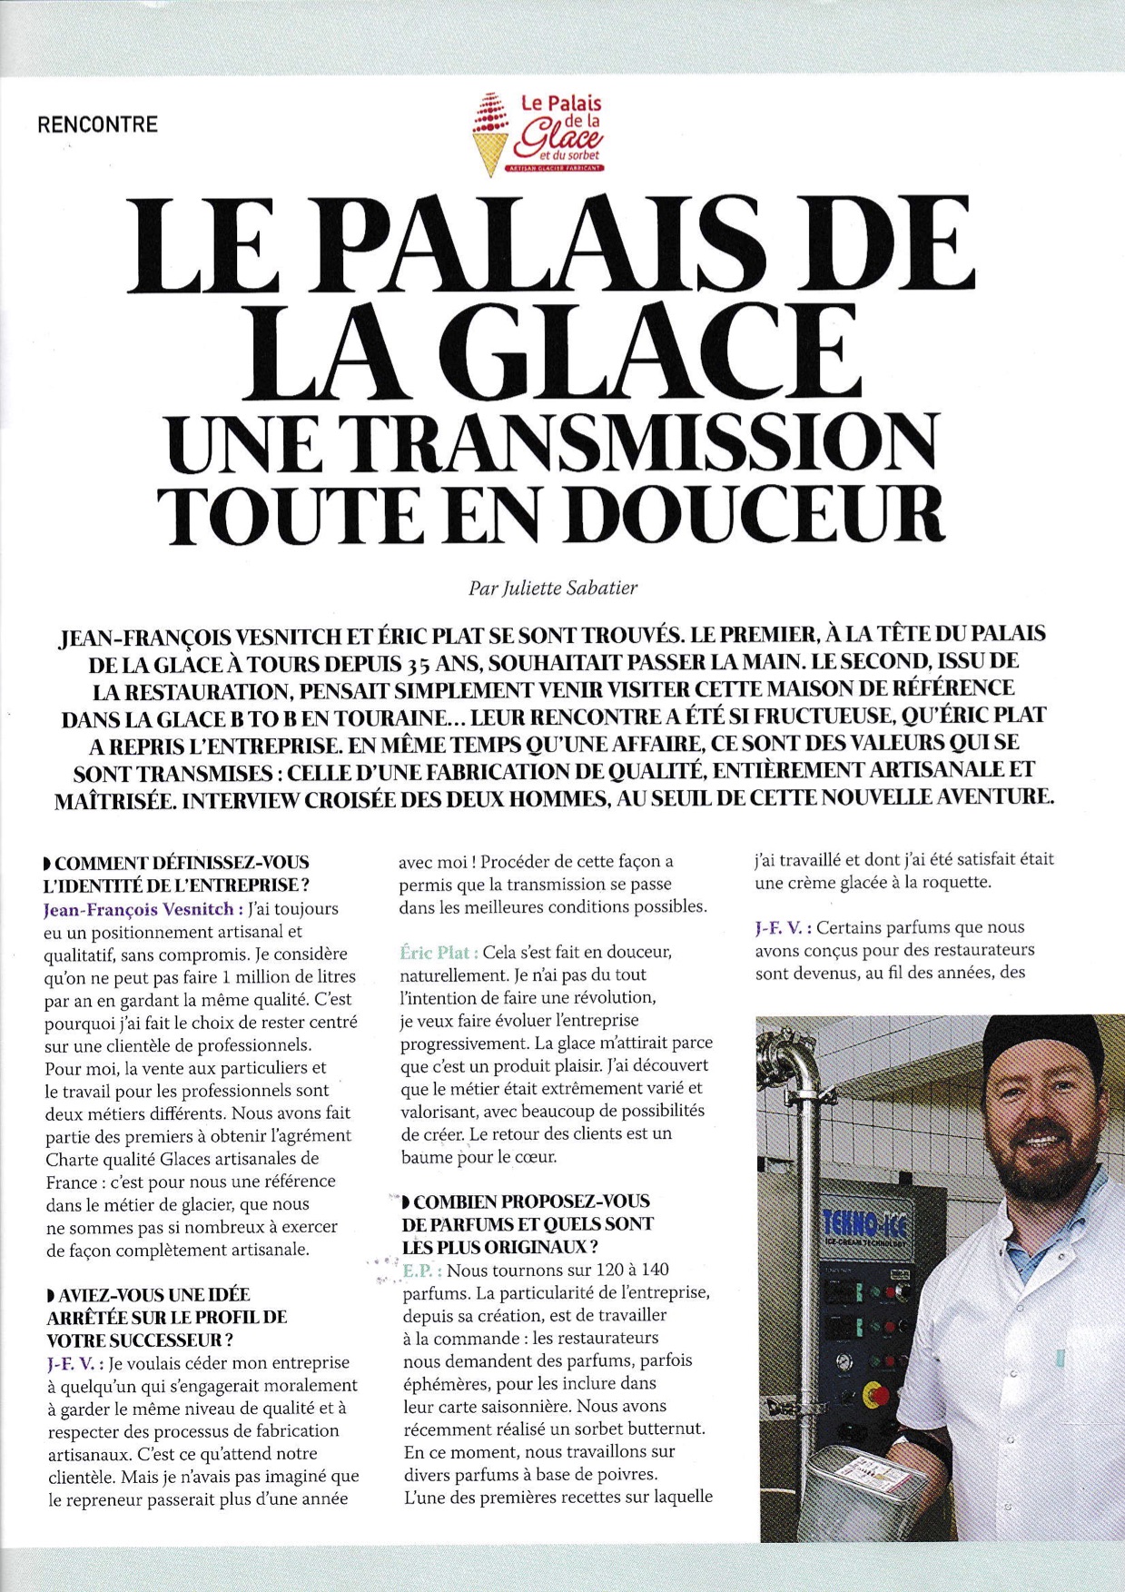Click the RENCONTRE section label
tap(97, 124)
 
